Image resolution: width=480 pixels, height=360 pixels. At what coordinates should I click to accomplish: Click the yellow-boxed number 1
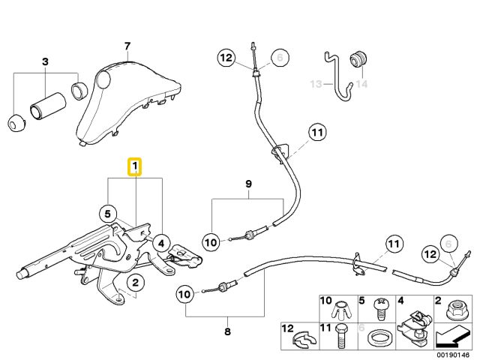[x=135, y=166]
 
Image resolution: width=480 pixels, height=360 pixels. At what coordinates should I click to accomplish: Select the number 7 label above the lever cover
[x=128, y=46]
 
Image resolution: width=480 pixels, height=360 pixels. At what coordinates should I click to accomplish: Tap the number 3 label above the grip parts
[x=45, y=61]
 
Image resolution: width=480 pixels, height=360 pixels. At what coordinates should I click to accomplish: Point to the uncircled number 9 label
[x=248, y=184]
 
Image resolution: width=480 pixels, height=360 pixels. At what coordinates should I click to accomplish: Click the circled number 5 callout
[x=109, y=214]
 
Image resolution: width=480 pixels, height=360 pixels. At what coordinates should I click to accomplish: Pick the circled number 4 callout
[x=160, y=242]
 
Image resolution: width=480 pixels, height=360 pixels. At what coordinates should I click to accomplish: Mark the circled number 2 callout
[x=135, y=283]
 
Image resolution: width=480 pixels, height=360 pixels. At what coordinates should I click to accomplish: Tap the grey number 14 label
[x=362, y=84]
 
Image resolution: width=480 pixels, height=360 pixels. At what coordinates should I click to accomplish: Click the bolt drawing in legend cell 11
[x=342, y=335]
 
